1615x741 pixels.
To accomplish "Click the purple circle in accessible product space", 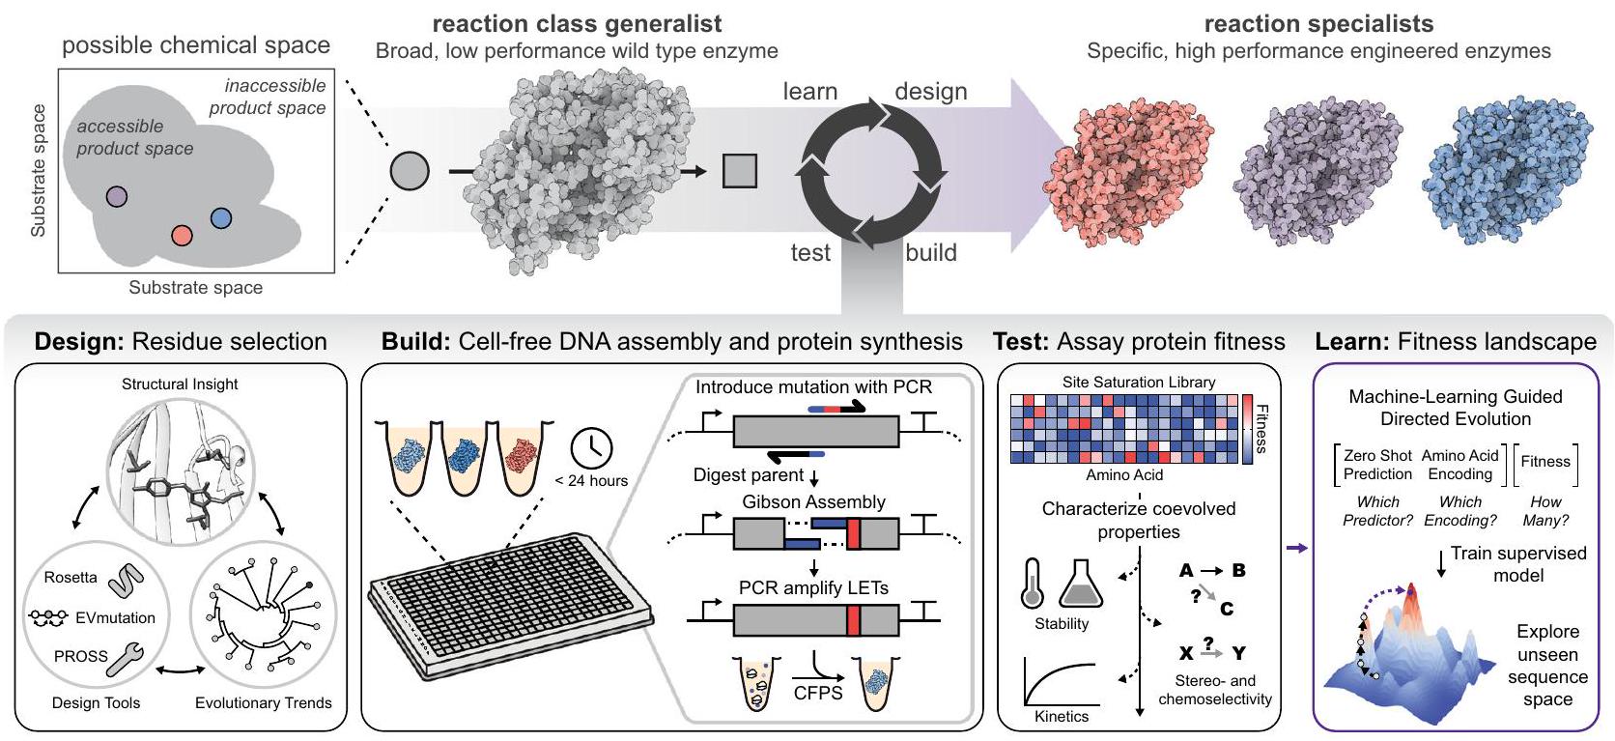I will [116, 197].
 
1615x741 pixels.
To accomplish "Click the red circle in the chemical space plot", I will [182, 235].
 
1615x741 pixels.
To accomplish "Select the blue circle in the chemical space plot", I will [221, 218].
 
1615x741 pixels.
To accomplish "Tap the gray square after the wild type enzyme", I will [740, 171].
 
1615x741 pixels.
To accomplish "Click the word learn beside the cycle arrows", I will [809, 92].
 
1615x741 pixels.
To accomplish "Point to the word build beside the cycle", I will [930, 253].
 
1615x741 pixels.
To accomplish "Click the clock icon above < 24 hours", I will [591, 447].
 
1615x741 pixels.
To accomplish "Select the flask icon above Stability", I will [1081, 584].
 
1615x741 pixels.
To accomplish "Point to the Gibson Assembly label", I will [813, 502].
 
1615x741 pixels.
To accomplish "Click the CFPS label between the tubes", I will [818, 693].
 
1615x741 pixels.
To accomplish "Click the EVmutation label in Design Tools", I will [115, 618].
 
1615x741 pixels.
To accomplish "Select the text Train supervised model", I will [1517, 564].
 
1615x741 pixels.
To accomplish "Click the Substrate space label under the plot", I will [195, 288].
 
